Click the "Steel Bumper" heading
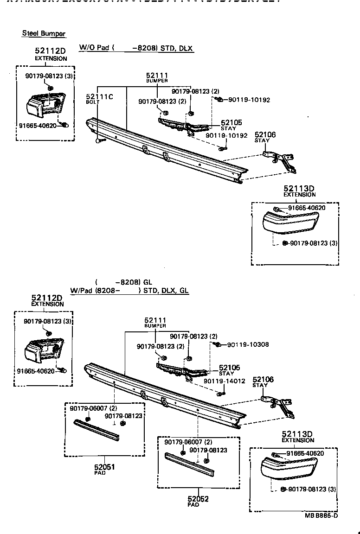pos(44,34)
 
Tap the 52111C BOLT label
pos(99,98)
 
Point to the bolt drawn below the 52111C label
pos(98,139)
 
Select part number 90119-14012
pos(225,381)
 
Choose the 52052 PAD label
pos(198,501)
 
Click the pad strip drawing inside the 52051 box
pos(97,430)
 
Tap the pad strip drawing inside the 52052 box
pos(190,464)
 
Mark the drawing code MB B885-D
pos(321,515)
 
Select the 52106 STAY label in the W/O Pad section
pos(265,137)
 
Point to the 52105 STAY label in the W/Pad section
pos(229,369)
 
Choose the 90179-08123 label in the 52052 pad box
pos(208,450)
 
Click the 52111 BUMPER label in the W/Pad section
pos(155,322)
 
